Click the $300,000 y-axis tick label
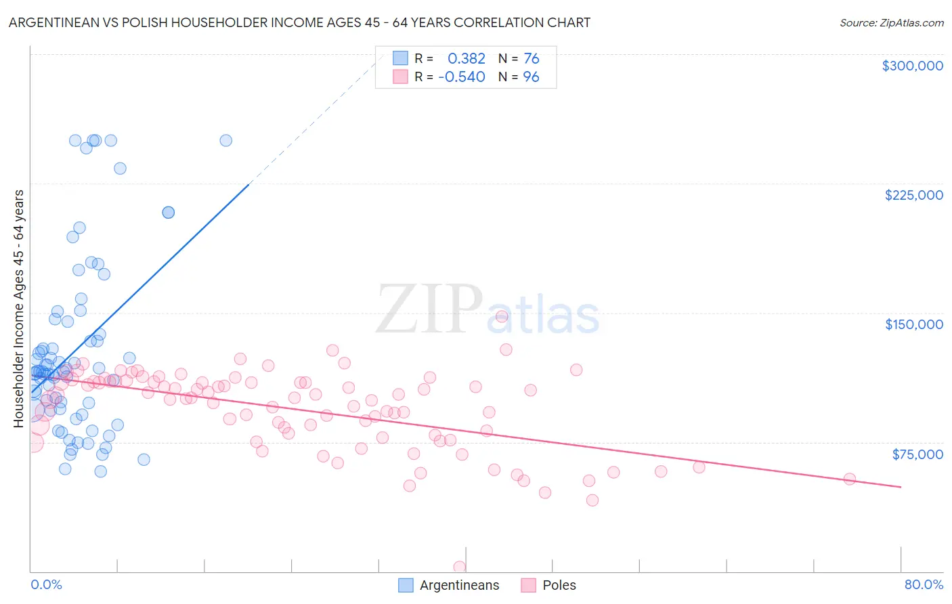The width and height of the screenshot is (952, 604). pos(912,66)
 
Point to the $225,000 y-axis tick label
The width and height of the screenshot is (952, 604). pos(913,195)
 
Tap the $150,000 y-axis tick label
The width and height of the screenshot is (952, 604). pos(913,324)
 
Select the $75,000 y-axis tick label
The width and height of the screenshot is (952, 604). pos(917,454)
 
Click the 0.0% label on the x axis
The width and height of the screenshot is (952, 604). pos(46,584)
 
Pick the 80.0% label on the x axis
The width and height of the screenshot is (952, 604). pos(924,584)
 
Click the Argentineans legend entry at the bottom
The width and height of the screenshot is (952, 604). pos(458,585)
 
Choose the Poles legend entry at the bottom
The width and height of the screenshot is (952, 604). pos(558,585)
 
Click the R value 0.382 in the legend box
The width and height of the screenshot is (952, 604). pos(467,59)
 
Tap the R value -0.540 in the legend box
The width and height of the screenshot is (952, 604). pos(462,77)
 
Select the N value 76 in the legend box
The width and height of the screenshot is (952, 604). pos(531,59)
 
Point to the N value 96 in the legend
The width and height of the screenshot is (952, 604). pos(531,77)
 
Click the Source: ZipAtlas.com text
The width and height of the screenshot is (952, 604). pos(891,22)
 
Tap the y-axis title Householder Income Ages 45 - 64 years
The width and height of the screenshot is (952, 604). pos(19,308)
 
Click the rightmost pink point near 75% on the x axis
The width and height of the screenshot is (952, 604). pos(849,479)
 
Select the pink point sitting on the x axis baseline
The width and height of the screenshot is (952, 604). pos(460,567)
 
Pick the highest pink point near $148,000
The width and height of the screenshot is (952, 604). pos(502,316)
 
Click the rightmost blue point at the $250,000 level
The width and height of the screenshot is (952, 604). pos(226,140)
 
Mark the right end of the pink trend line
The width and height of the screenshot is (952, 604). pos(901,487)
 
